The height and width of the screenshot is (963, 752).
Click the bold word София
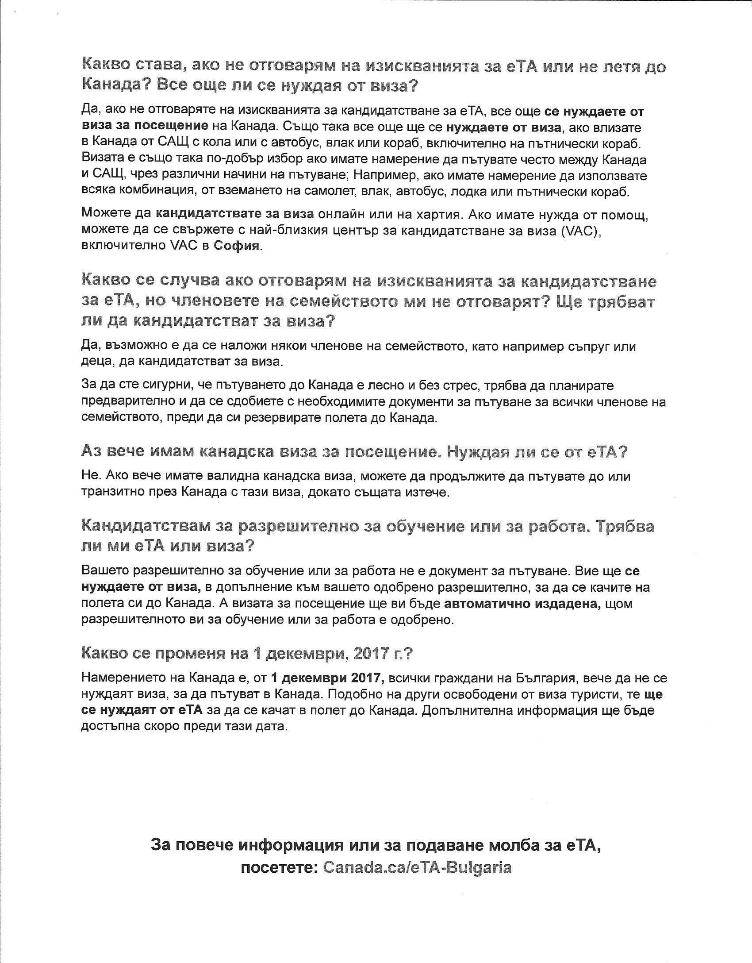click(x=237, y=247)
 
